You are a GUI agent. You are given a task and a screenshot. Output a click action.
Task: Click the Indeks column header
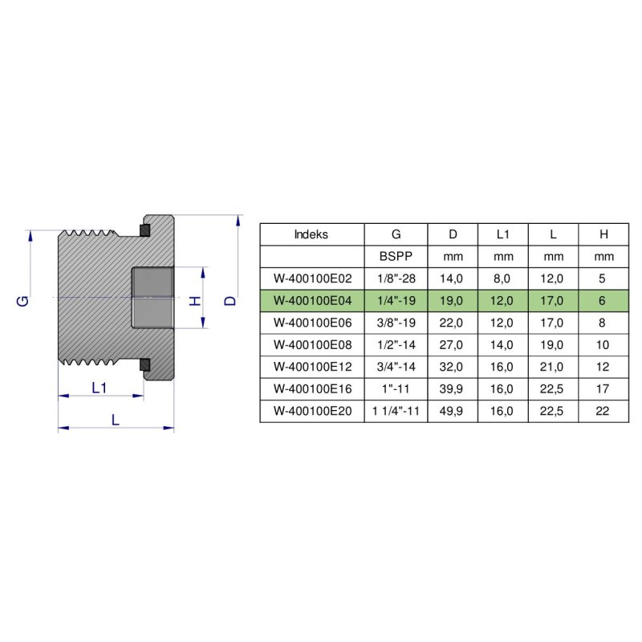point(311,234)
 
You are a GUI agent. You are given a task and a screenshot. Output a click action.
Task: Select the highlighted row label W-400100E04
point(313,301)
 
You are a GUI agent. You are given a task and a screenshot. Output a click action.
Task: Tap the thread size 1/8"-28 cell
point(396,278)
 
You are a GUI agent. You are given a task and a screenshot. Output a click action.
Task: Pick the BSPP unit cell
point(396,257)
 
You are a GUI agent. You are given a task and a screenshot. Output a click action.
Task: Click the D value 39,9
point(453,389)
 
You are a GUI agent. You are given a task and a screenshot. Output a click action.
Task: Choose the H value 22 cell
point(603,411)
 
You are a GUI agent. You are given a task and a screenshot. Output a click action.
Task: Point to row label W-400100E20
point(313,411)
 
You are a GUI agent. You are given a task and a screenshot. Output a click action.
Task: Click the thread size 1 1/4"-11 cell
point(396,411)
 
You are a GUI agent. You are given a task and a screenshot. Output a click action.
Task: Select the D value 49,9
point(453,411)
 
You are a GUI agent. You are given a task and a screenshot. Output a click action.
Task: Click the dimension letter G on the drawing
point(23,300)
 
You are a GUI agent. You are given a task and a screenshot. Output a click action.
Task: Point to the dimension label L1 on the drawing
point(100,388)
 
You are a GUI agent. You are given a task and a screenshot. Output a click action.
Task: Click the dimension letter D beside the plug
point(230,300)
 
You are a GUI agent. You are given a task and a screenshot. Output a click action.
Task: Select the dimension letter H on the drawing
point(193,301)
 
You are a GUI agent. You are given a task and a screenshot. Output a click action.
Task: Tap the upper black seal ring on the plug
point(145,232)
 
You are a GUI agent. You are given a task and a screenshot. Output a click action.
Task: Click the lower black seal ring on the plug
point(145,365)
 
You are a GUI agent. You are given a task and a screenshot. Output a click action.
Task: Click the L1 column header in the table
point(503,234)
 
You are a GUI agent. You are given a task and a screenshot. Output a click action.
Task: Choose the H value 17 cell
point(603,389)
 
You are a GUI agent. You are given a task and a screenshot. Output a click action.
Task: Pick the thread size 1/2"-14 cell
point(396,345)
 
